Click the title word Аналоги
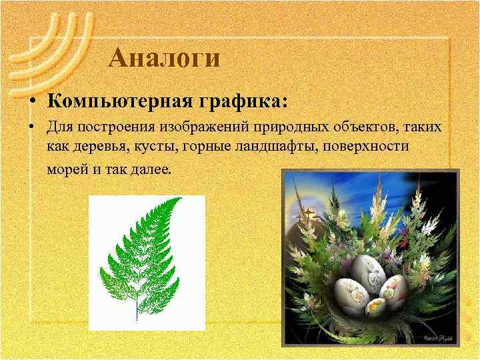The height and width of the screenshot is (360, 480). coord(164,58)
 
